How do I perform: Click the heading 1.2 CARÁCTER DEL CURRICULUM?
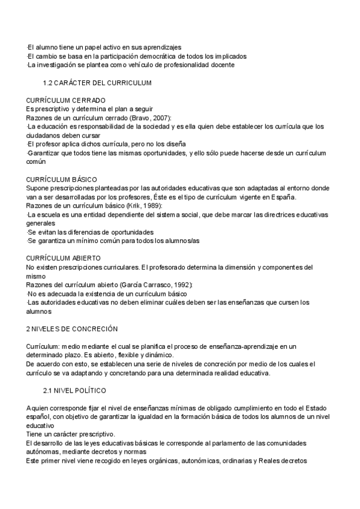pos(97,82)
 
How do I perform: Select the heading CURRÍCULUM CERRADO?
pos(66,100)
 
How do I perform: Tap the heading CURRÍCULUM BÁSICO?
pos(62,179)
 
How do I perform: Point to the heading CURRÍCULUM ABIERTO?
pos(64,258)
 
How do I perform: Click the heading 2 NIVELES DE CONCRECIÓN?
pos(72,329)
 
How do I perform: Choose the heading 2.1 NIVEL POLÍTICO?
pos(75,373)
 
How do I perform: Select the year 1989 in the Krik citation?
pos(149,206)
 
